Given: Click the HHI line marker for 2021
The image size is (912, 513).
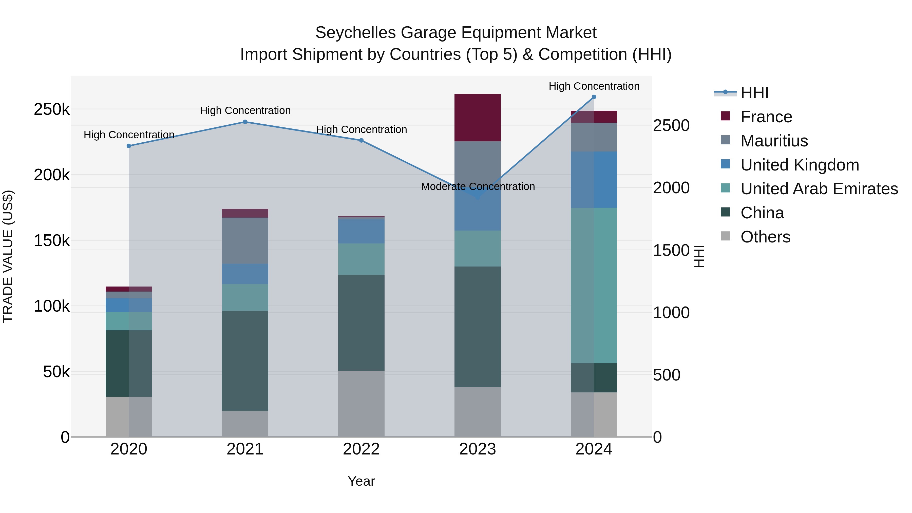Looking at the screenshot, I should pyautogui.click(x=245, y=122).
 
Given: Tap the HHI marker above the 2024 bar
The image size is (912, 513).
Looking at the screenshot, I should pyautogui.click(x=594, y=97).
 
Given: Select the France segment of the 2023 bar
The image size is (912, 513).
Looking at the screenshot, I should pyautogui.click(x=477, y=118).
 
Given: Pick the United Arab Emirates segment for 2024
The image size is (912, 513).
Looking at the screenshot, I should pyautogui.click(x=594, y=285).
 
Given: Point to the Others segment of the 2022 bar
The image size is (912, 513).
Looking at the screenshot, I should pyautogui.click(x=361, y=404).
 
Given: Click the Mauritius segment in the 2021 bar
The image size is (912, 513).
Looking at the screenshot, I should pyautogui.click(x=245, y=240).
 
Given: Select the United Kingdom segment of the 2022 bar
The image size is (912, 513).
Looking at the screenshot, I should pyautogui.click(x=361, y=231).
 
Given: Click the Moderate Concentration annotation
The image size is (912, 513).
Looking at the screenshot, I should pyautogui.click(x=478, y=186).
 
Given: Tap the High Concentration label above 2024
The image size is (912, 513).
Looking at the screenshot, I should pyautogui.click(x=594, y=86).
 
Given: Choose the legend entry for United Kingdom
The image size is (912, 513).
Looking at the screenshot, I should pyautogui.click(x=800, y=165).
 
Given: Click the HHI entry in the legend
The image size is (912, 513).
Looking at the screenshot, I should pyautogui.click(x=754, y=93).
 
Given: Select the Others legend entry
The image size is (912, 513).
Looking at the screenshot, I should pyautogui.click(x=765, y=237).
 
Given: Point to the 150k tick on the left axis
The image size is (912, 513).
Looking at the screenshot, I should pyautogui.click(x=52, y=241).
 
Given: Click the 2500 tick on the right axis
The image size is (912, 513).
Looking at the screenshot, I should pyautogui.click(x=671, y=125).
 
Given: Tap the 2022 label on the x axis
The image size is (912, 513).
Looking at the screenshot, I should pyautogui.click(x=361, y=449).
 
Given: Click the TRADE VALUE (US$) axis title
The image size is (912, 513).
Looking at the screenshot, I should pyautogui.click(x=8, y=256).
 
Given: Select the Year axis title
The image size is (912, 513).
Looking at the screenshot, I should pyautogui.click(x=361, y=481).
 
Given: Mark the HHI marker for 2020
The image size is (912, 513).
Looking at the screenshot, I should pyautogui.click(x=129, y=146).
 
